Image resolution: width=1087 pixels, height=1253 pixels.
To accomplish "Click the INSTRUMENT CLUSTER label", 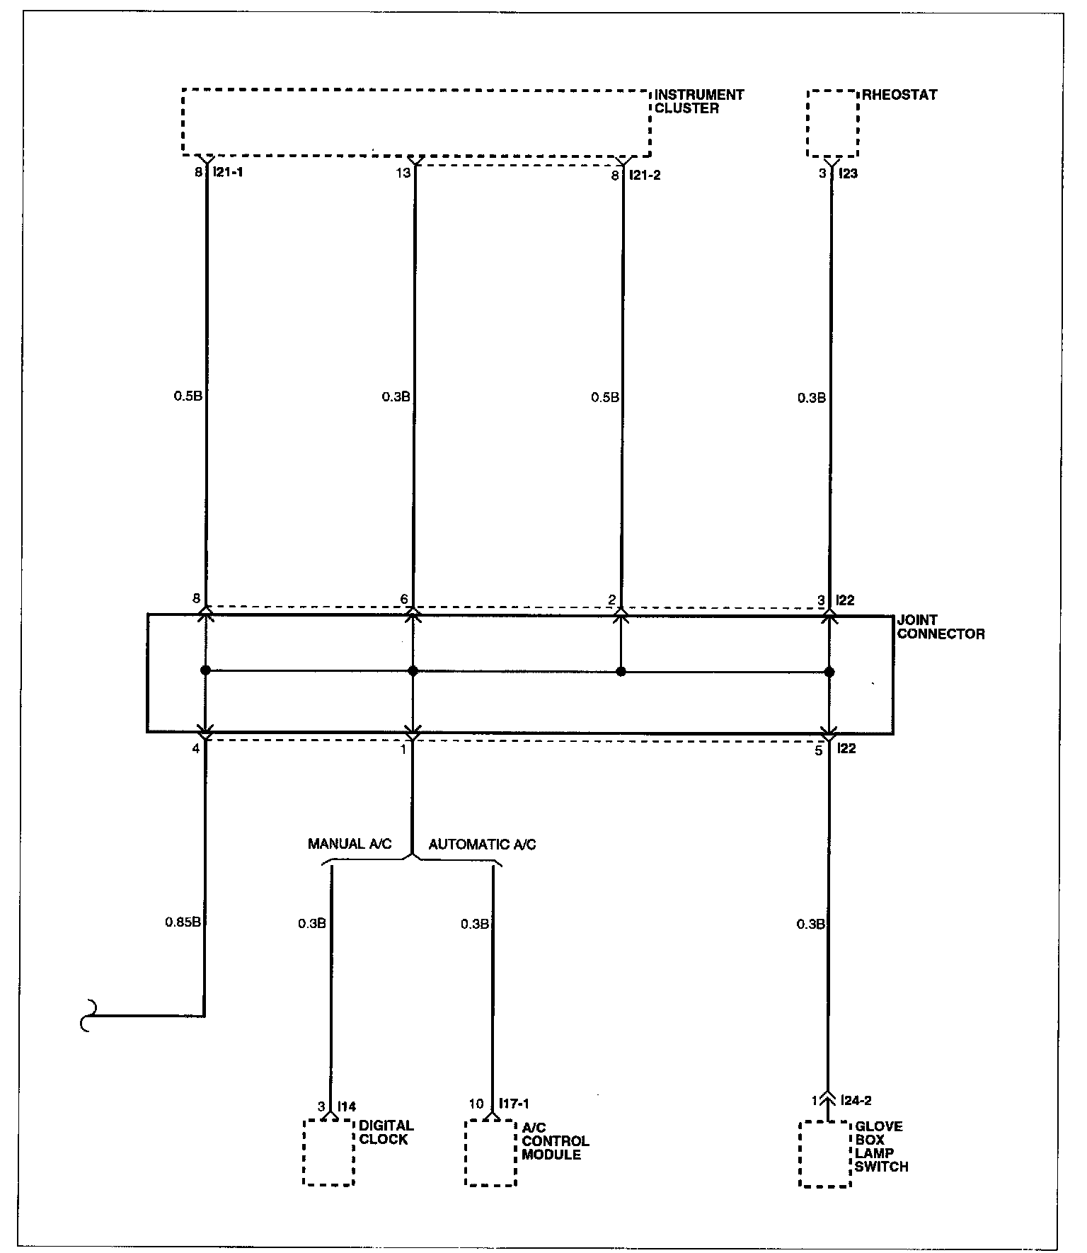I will coord(698,101).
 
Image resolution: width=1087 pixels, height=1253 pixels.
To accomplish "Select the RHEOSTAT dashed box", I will coord(832,123).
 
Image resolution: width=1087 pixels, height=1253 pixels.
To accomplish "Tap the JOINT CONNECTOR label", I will coord(941,626).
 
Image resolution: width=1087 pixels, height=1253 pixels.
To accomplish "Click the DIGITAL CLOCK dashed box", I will coord(328,1152).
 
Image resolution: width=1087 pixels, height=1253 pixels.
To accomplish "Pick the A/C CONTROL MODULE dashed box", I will coord(490,1152).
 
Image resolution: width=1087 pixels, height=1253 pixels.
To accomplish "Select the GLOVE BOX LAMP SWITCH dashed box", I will coord(824,1153).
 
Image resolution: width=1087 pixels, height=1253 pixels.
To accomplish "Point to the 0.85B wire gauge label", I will coord(183,922).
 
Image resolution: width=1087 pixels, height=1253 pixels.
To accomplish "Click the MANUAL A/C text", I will coord(350,844).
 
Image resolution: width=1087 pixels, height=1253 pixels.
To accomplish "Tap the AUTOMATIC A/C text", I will coord(482,844).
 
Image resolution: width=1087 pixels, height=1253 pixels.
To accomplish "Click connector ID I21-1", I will coord(227,172).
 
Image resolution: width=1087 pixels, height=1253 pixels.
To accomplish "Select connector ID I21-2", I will coord(645,174).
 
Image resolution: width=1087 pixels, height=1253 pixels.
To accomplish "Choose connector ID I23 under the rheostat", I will coord(848,173).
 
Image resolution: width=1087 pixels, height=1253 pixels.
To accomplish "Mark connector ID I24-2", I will coord(856,1100).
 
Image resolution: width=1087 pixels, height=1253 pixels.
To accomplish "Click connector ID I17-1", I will coord(514,1103).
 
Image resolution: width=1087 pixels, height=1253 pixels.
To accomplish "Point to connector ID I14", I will coord(347,1106).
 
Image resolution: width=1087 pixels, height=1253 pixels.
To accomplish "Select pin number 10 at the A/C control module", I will coord(476,1104).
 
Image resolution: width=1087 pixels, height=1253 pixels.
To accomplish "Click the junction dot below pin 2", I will coord(621,671).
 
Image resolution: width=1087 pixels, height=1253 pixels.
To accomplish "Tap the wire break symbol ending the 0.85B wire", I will coord(86,1017).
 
